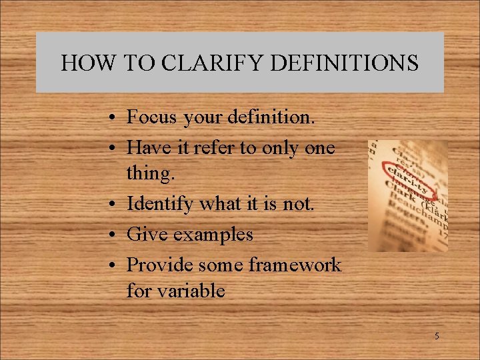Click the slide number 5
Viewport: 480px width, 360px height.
tap(437, 336)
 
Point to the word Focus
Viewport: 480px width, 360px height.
tap(152, 117)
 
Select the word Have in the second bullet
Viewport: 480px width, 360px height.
tap(148, 147)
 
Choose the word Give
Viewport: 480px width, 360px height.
tap(145, 234)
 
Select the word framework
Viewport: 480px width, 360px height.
tap(295, 265)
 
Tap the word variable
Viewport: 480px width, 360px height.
tap(192, 291)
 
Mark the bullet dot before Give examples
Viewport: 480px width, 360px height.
tap(115, 235)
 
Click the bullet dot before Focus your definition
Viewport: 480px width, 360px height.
tap(115, 118)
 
